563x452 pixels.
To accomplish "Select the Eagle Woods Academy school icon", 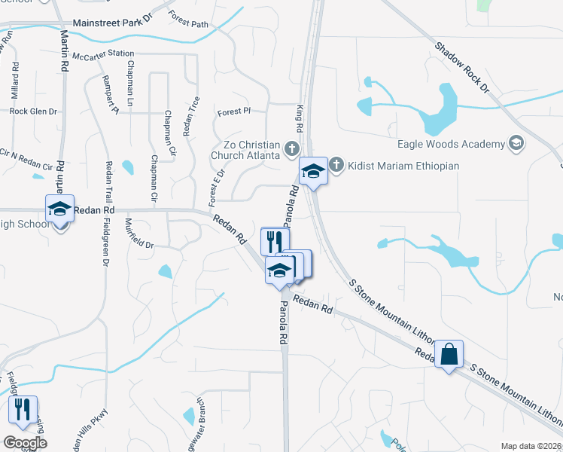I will click(x=516, y=143).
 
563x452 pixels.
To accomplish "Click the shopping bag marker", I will click(x=449, y=355).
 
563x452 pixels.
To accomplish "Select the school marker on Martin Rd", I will click(x=59, y=209).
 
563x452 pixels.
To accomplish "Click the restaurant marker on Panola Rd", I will click(x=275, y=242).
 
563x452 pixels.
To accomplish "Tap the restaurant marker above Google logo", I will click(x=23, y=411).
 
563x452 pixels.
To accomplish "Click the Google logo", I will click(x=25, y=443).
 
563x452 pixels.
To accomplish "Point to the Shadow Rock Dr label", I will click(x=461, y=67).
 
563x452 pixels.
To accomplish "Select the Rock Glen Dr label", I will click(x=33, y=111).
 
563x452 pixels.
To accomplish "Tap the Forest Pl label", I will click(x=233, y=111).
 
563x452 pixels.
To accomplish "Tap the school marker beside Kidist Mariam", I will click(x=313, y=172).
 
